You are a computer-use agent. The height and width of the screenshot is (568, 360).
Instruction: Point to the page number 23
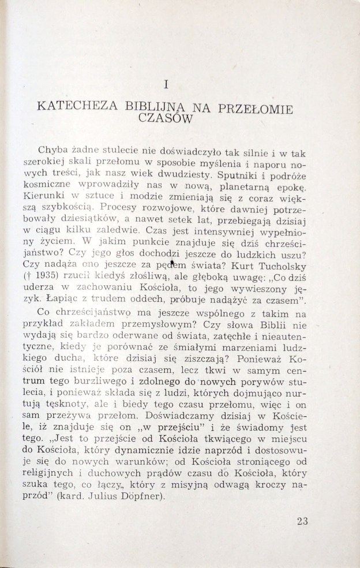(303, 521)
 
